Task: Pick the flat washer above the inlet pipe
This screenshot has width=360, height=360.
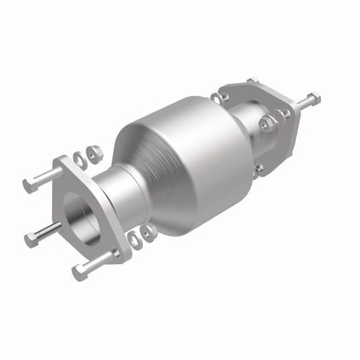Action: click(80, 157)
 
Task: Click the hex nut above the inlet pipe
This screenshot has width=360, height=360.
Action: click(94, 153)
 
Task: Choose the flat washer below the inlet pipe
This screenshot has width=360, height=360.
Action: click(135, 238)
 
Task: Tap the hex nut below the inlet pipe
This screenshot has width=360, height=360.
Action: click(149, 232)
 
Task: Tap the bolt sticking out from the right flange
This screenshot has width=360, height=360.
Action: click(307, 101)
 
